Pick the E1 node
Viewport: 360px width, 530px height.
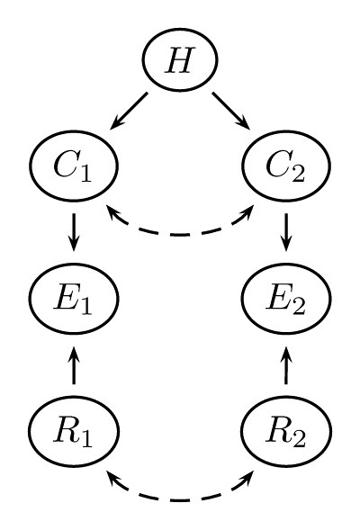(x=73, y=298)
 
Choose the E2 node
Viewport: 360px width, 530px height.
(x=286, y=298)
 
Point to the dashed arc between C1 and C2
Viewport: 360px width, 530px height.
(x=180, y=234)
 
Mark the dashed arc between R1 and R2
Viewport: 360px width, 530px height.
(x=180, y=499)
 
